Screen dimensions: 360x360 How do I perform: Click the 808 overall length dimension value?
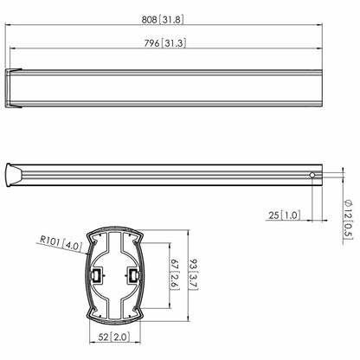coord(149,20)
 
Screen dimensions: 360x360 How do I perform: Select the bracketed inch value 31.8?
coord(171,20)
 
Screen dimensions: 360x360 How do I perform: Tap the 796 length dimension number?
coord(151,43)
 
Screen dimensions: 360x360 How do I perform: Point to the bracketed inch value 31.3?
coord(173,43)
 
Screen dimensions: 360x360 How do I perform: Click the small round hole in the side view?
coord(312,175)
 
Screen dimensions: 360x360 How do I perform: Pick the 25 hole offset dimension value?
coord(273,215)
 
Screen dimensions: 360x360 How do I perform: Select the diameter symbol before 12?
coord(348,202)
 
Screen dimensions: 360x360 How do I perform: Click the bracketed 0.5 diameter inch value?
coord(348,232)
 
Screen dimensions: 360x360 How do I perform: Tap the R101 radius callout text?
coord(50,240)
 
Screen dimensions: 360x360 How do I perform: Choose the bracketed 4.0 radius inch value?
coord(72,246)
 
